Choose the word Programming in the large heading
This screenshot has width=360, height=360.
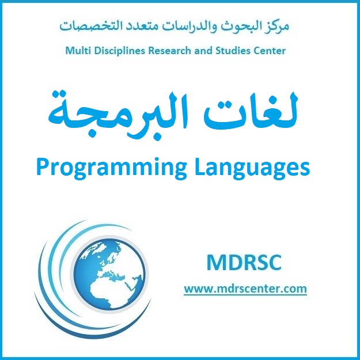tap(112, 168)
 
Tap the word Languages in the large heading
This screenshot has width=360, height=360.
tap(252, 168)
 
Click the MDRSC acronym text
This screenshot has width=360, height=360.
tap(244, 263)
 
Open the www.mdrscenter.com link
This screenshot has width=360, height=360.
tap(245, 289)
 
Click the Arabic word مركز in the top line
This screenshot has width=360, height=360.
tap(278, 26)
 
